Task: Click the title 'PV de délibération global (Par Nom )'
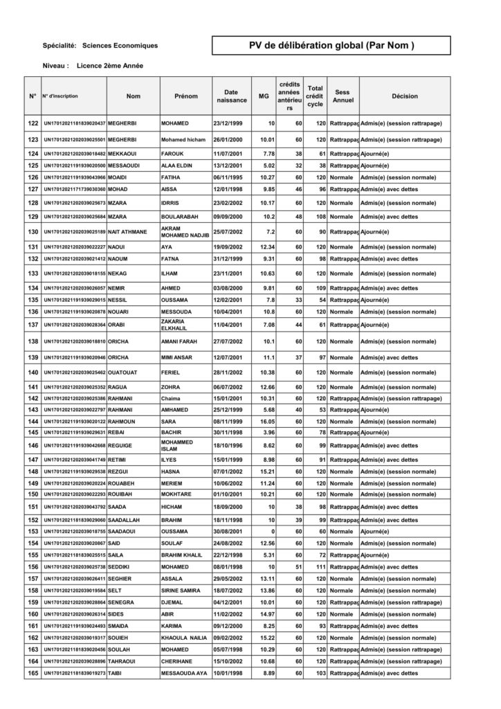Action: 331,46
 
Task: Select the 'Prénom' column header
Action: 186,96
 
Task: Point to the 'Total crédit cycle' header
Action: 316,96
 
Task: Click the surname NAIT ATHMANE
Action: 128,231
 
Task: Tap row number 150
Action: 33,494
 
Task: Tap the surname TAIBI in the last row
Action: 116,672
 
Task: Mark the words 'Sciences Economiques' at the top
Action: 120,46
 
